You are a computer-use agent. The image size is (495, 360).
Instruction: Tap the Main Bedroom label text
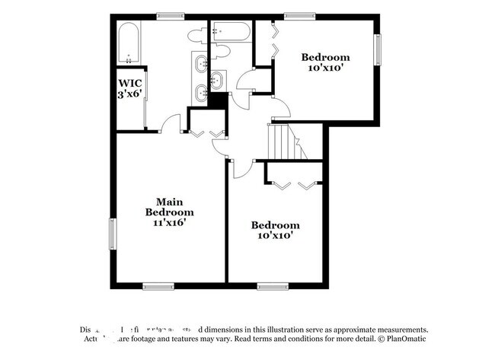point(169,206)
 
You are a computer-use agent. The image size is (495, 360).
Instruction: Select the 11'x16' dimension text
point(169,223)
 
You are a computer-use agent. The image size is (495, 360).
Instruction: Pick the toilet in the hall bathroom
point(221,51)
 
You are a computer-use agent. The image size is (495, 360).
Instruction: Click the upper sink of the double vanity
point(202,63)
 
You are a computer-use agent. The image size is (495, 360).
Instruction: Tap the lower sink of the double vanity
point(202,93)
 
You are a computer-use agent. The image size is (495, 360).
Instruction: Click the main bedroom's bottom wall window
point(158,286)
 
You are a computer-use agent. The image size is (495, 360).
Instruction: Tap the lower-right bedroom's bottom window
point(271,286)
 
